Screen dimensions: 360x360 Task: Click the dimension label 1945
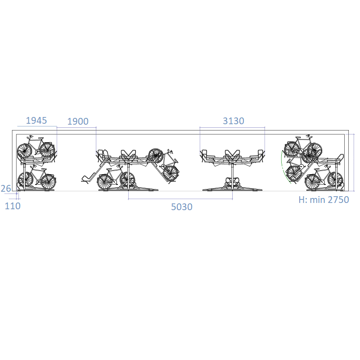pos(36,120)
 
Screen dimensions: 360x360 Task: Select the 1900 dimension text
pos(78,121)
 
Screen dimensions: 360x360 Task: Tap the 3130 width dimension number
pos(234,121)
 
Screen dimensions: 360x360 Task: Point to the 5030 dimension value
pos(182,207)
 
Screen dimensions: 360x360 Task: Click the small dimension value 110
pos(13,206)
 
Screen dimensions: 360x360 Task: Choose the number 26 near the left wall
pos(6,189)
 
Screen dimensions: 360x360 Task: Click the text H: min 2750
pos(324,200)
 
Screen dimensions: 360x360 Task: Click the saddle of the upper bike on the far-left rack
pos(41,138)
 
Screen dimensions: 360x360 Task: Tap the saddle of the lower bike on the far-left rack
pos(44,170)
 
